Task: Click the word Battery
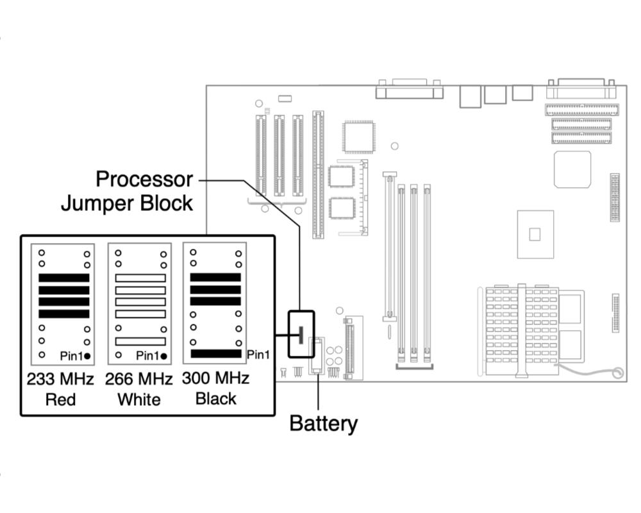[x=323, y=424]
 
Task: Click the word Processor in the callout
[x=144, y=179]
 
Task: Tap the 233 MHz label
[x=60, y=379]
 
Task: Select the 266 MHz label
[x=138, y=379]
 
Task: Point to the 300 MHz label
[x=215, y=378]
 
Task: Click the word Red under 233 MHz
[x=60, y=399]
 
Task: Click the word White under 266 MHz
[x=139, y=399]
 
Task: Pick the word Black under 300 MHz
[x=216, y=399]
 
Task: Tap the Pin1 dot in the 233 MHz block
[x=87, y=357]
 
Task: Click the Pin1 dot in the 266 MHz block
[x=164, y=357]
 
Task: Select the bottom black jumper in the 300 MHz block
[x=216, y=354]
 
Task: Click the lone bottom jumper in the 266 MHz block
[x=140, y=341]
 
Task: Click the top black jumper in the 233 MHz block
[x=63, y=278]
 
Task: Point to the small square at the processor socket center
[x=535, y=235]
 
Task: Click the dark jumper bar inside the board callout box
[x=301, y=335]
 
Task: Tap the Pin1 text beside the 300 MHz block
[x=258, y=355]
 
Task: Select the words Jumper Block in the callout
[x=127, y=203]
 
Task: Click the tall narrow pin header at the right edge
[x=615, y=198]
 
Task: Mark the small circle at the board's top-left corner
[x=259, y=103]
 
